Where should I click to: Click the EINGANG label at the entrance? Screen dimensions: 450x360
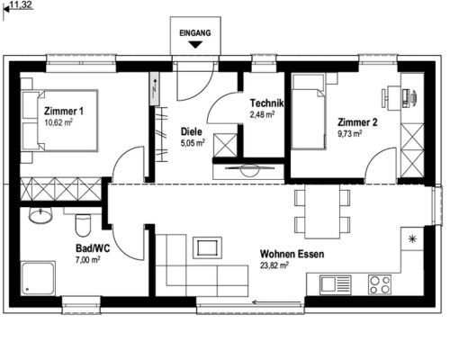coord(195,32)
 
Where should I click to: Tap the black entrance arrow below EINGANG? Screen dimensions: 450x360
coord(195,45)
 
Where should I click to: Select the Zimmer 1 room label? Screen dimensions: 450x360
coord(64,112)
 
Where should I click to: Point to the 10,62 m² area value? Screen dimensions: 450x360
coord(58,122)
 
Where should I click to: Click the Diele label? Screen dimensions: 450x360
coord(191,131)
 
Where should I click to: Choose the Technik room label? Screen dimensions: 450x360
coord(266,103)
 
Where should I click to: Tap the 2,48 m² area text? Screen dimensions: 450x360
coord(263,114)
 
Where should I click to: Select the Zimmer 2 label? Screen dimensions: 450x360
coord(357,122)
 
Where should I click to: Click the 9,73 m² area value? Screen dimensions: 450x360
coord(350,133)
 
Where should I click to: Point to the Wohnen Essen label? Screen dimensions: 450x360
coord(292,254)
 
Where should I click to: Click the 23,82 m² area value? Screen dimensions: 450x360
coord(274,265)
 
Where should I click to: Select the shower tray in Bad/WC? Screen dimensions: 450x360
coord(39,279)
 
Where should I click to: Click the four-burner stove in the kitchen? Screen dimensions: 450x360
coord(380,284)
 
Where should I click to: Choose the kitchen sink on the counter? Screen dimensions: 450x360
coord(335,284)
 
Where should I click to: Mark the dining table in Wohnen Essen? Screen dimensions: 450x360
coord(322,211)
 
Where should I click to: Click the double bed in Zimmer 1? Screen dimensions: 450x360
coord(60,120)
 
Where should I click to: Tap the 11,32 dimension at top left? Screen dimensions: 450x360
coord(21,5)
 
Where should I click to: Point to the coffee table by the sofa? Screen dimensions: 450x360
coord(207,247)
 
